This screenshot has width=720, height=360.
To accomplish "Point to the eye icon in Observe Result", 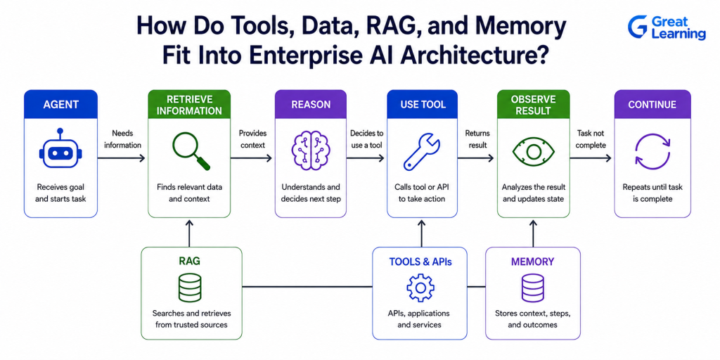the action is point(533,153).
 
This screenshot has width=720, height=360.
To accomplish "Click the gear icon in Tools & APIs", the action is point(420,288).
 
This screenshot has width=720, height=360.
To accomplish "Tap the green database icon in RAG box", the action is point(189,288).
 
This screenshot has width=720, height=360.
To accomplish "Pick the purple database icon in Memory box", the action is point(533,288).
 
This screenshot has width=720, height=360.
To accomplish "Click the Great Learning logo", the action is point(667,27).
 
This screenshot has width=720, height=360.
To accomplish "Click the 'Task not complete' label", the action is point(591,139).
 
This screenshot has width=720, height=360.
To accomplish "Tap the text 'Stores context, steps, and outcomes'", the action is point(533,319).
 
